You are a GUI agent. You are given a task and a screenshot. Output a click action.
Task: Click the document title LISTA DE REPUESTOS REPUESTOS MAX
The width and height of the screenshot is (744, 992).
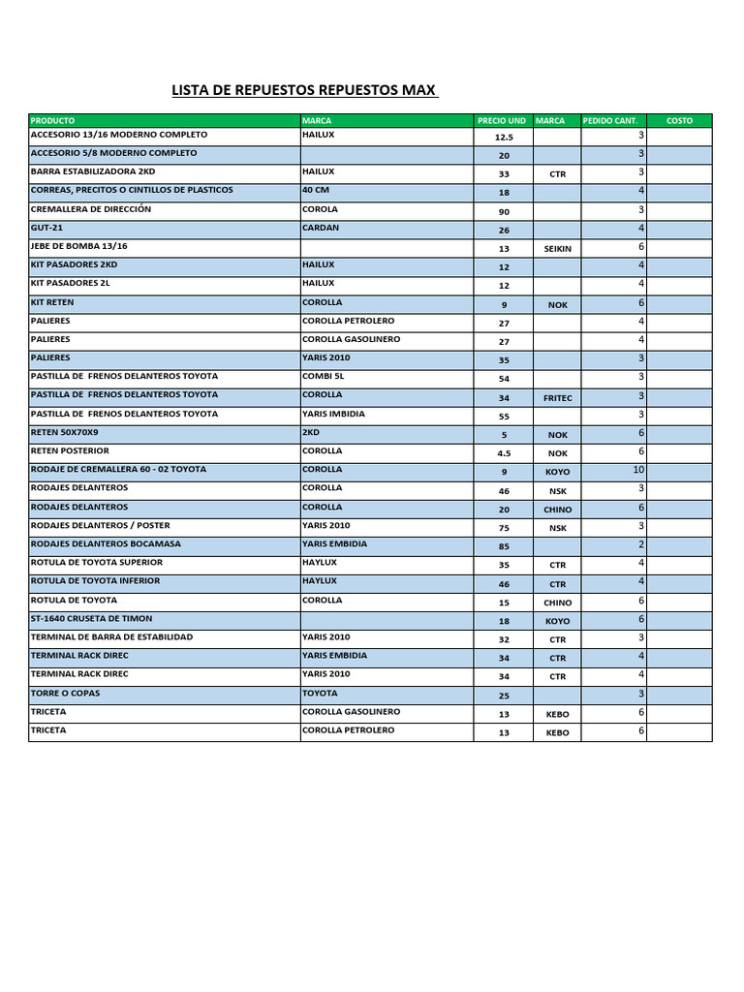pyautogui.click(x=304, y=91)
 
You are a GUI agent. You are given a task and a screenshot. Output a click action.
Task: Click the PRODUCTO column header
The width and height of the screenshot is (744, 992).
pyautogui.click(x=53, y=121)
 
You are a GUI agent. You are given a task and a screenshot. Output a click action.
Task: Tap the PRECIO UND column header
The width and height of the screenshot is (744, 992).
pyautogui.click(x=502, y=121)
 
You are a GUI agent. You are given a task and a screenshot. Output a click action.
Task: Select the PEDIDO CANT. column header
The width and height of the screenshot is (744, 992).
pyautogui.click(x=610, y=121)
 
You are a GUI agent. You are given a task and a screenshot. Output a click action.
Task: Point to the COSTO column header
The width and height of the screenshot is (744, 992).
pyautogui.click(x=679, y=121)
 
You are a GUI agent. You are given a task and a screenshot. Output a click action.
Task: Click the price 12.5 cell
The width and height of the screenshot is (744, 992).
pyautogui.click(x=504, y=138)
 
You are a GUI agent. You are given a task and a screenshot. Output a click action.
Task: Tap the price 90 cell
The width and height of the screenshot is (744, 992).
pyautogui.click(x=504, y=212)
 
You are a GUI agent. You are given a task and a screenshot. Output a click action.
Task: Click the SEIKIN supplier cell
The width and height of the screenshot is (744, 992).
pyautogui.click(x=558, y=249)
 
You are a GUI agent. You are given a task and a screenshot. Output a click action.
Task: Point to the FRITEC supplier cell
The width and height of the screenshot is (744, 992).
pyautogui.click(x=558, y=398)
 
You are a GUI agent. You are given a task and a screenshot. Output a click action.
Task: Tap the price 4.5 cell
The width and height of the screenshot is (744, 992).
pyautogui.click(x=504, y=453)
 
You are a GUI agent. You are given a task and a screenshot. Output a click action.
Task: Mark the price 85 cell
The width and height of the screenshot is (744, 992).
pyautogui.click(x=504, y=546)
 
